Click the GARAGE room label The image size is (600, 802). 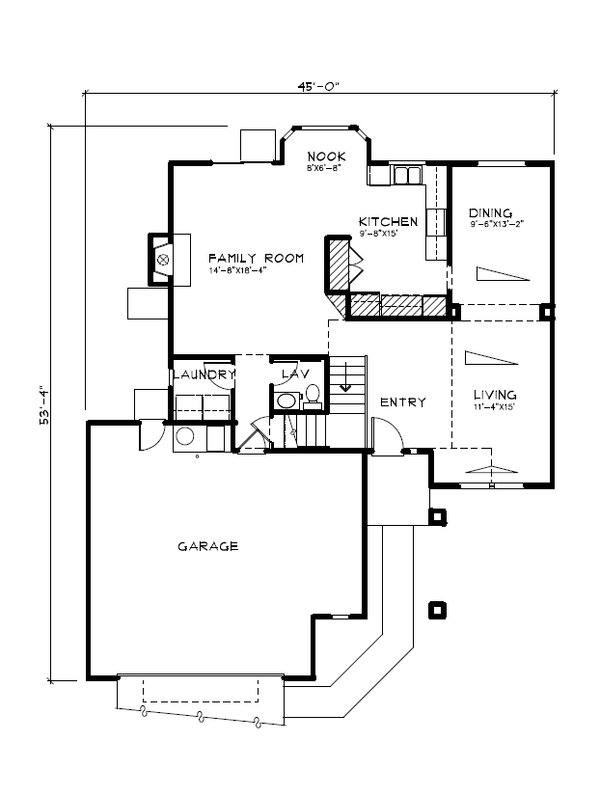pyautogui.click(x=207, y=546)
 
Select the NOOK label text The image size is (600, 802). pyautogui.click(x=326, y=156)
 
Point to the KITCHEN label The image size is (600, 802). pyautogui.click(x=388, y=221)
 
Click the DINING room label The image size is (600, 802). pyautogui.click(x=490, y=213)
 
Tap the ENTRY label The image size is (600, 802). pyautogui.click(x=403, y=402)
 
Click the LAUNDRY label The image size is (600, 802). pyautogui.click(x=204, y=375)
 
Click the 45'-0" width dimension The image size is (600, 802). pyautogui.click(x=319, y=86)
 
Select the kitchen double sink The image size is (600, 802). pyautogui.click(x=406, y=176)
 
